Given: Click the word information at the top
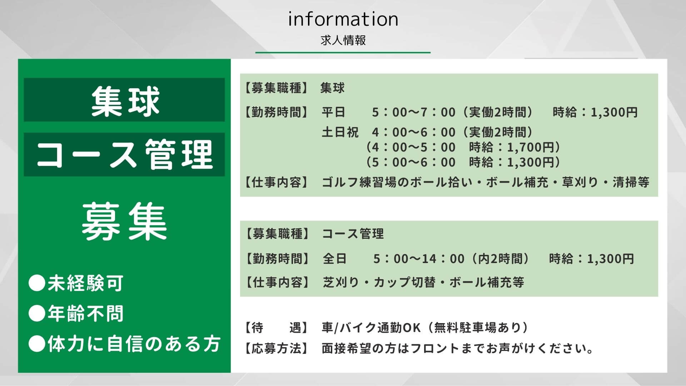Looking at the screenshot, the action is [x=343, y=19].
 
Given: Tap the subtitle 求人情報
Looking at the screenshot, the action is [x=343, y=40].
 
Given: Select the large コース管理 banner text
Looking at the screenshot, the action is [x=125, y=154].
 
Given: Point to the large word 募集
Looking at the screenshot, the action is [x=125, y=221].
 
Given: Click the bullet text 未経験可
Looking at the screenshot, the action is [x=85, y=283].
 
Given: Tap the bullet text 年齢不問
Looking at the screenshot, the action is [x=85, y=314].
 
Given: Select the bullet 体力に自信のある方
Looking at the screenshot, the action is [x=134, y=344].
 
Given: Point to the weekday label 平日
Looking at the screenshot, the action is [x=334, y=112].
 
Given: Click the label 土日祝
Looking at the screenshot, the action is [x=340, y=132].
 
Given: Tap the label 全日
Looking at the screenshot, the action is [x=335, y=258].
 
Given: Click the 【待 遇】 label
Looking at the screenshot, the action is [x=276, y=328].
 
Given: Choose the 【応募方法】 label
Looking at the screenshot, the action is [x=276, y=348].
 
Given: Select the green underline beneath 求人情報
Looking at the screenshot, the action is [x=343, y=53].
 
